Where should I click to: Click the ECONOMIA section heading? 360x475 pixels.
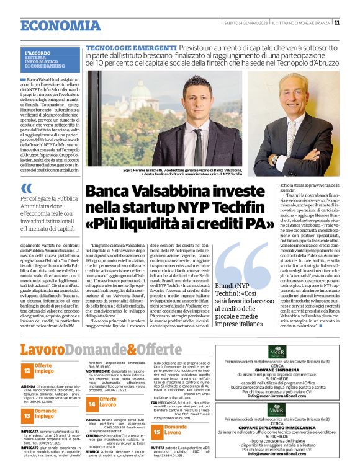coord(54,25)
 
